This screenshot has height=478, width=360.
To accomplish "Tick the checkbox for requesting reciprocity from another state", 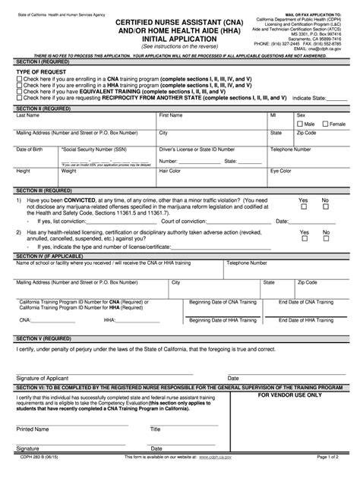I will [x=19, y=98].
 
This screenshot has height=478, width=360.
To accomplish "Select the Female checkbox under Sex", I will [x=325, y=124].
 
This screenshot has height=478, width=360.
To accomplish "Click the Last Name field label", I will [x=28, y=115].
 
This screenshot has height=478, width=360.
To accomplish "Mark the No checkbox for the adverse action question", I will [x=326, y=236].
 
